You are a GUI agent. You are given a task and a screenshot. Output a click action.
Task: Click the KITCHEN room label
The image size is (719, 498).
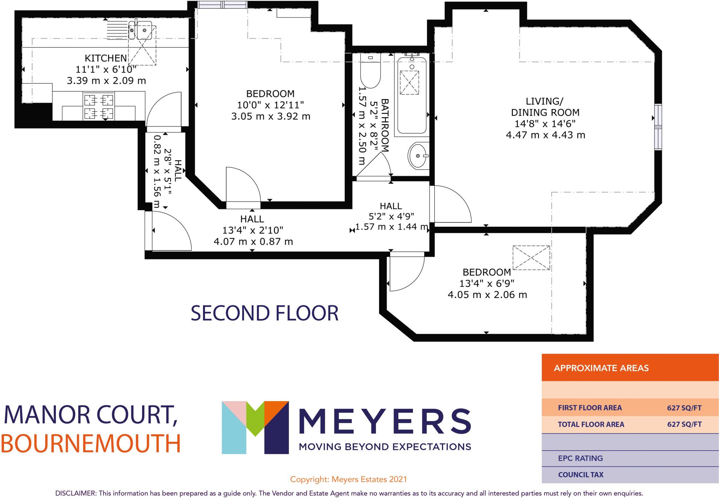pyautogui.click(x=106, y=58)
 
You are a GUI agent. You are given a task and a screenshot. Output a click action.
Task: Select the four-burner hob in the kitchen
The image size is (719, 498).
pyautogui.click(x=99, y=106)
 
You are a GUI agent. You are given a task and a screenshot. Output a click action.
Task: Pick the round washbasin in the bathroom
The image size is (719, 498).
pyautogui.click(x=418, y=155)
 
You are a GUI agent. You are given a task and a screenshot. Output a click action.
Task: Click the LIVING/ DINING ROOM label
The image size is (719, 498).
pyautogui.click(x=545, y=107)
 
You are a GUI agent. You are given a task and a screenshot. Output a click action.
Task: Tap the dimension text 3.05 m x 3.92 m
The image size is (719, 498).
pyautogui.click(x=271, y=116)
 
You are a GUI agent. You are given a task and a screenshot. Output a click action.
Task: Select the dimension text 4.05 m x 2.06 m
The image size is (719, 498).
pyautogui.click(x=487, y=295)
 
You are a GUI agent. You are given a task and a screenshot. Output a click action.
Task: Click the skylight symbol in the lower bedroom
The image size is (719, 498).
pyautogui.click(x=531, y=258)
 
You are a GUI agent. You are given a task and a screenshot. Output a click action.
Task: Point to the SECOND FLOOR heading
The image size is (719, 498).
pyautogui.click(x=264, y=313)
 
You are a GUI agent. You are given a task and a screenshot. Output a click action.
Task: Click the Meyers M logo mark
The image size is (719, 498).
pyautogui.click(x=255, y=427)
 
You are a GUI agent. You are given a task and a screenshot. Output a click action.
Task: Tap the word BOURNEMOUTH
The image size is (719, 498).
pyautogui.click(x=91, y=444)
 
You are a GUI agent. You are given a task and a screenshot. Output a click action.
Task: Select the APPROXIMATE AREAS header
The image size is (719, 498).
pyautogui.click(x=601, y=368)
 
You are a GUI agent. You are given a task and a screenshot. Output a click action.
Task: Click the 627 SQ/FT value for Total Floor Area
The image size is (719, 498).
pyautogui.click(x=684, y=424)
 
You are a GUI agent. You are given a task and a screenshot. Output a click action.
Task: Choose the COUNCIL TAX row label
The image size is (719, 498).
pyautogui.click(x=581, y=475)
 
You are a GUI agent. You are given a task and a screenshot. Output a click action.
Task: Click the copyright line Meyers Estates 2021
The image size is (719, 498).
pyautogui.click(x=348, y=479)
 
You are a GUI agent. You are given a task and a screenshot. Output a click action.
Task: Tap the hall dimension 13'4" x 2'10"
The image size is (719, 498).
pyautogui.click(x=252, y=230)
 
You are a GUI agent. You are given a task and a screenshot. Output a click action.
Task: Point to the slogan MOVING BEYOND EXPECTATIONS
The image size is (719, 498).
pyautogui.click(x=384, y=447)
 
